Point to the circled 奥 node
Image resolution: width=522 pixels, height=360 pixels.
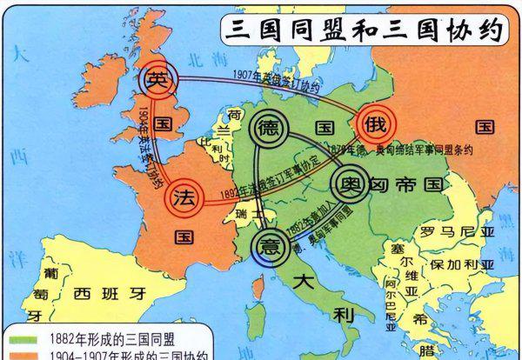[350, 183]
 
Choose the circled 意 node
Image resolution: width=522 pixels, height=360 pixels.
[271, 243]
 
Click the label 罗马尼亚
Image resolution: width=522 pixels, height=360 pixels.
[456, 233]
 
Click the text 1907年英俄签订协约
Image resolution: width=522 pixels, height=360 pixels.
[279, 78]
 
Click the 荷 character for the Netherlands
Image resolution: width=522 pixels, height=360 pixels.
[232, 116]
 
